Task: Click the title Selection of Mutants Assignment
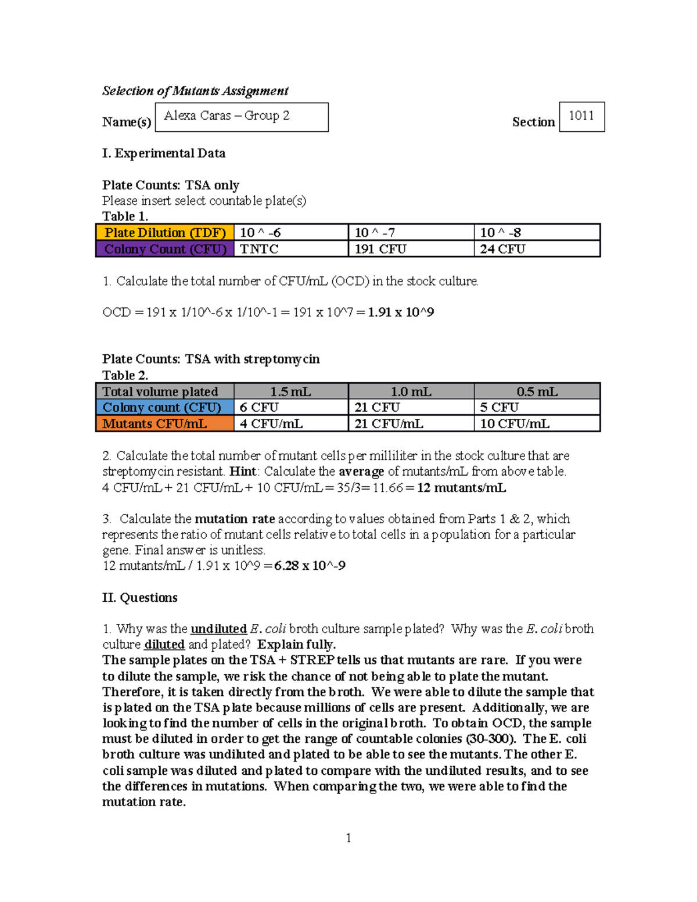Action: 195,91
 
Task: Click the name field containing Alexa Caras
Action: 241,117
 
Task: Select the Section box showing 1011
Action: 581,116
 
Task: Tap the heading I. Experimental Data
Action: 164,153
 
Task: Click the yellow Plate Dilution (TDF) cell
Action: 165,232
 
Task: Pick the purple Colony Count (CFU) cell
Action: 165,249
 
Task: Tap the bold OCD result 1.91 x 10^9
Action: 401,312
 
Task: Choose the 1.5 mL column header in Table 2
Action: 290,391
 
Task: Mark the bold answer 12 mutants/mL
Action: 462,488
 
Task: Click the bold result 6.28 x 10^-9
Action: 310,566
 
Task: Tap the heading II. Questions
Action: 140,598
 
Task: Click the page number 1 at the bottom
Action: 348,838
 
